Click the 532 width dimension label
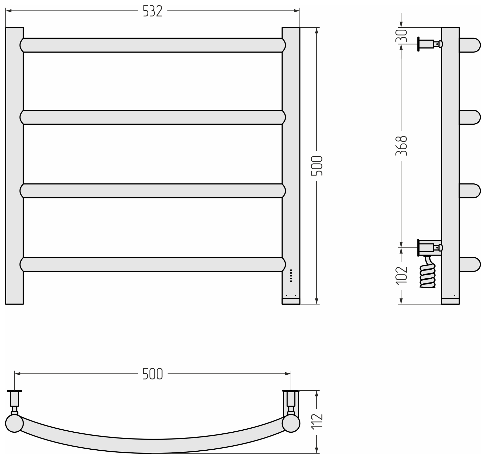(x=152, y=11)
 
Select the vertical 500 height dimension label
(x=316, y=166)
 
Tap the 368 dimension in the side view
(x=401, y=146)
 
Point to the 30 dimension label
(x=401, y=36)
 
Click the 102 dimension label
(x=401, y=275)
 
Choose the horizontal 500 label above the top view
(x=152, y=374)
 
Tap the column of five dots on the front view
(x=291, y=276)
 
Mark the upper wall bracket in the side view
(x=429, y=44)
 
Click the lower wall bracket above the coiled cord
(x=429, y=247)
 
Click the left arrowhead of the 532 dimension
(x=9, y=11)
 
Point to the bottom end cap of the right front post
(x=291, y=301)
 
